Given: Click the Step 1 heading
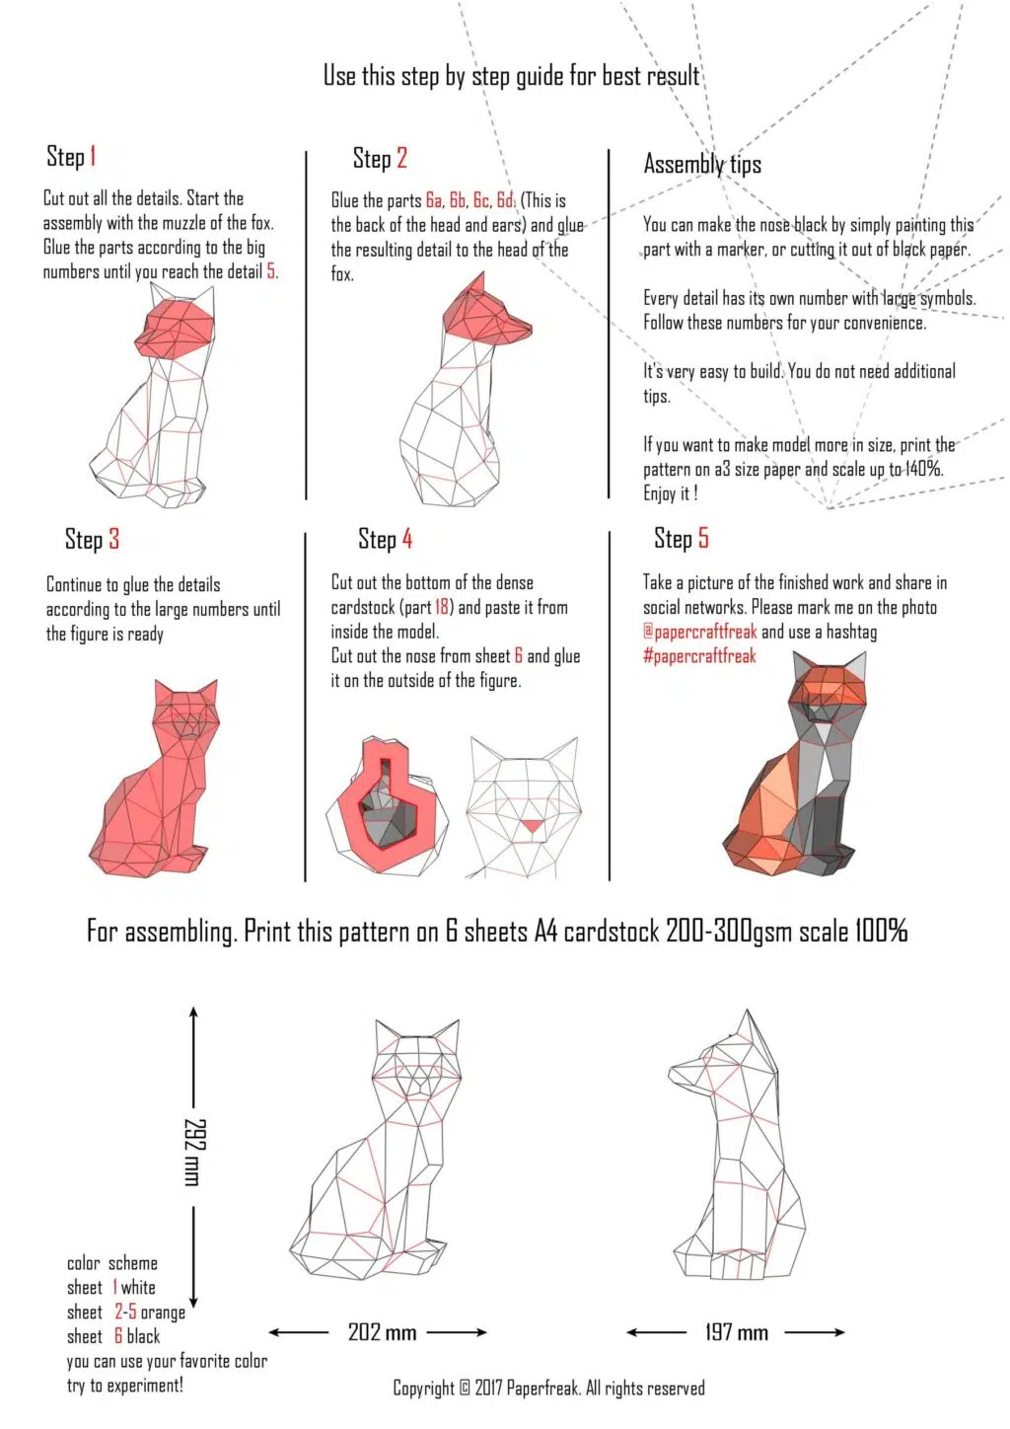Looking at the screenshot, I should coord(71,157).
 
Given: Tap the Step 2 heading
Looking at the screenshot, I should coord(380,159).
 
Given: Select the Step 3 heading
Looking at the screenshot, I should coord(92,539).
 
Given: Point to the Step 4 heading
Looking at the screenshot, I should coord(385,539).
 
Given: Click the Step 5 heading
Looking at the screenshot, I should coord(681,538).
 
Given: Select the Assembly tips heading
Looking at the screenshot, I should coord(702,164).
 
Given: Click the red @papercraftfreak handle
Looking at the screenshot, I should coord(699,632).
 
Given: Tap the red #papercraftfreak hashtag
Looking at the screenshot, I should coord(699,656).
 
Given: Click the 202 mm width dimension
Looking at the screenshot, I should coord(382,1332).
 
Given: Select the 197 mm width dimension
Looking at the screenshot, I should coord(736,1332).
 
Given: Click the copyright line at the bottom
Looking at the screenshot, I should coord(548,1389).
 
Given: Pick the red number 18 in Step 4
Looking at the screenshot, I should coord(442,608).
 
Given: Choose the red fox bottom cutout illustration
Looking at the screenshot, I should coord(388,804).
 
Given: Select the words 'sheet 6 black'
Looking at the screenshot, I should coord(112,1337).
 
